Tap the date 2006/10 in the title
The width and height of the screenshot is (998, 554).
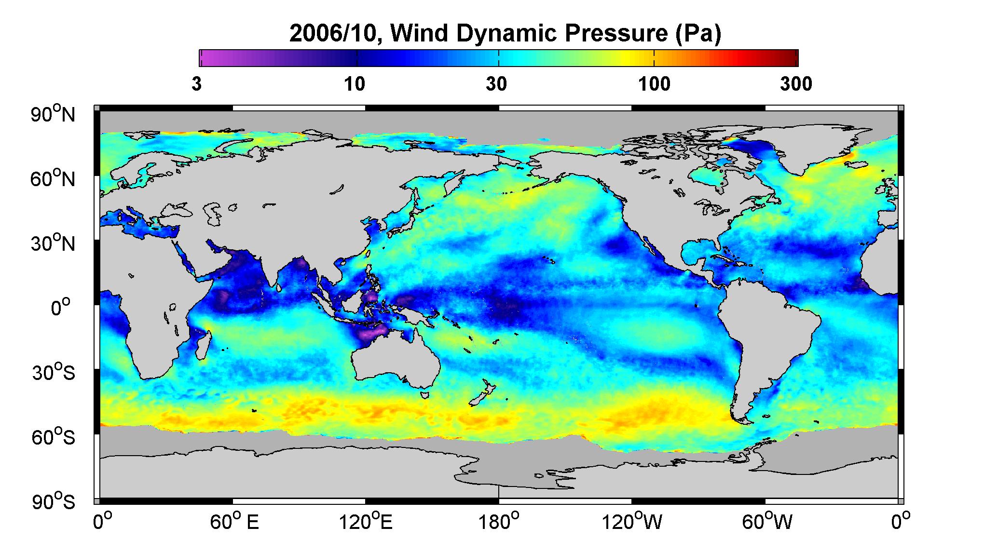click(337, 34)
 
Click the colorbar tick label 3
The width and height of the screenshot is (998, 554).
click(196, 84)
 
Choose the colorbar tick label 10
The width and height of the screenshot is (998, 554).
click(355, 84)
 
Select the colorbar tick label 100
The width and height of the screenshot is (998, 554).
click(654, 84)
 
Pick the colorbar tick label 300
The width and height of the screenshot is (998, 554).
click(796, 84)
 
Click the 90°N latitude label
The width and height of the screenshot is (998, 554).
click(54, 114)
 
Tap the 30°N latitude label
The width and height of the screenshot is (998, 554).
click(54, 243)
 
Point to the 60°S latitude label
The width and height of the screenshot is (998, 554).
click(54, 437)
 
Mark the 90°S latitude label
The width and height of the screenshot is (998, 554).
click(54, 501)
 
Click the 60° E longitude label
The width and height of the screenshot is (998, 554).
click(234, 522)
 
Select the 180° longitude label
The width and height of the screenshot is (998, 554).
click(499, 522)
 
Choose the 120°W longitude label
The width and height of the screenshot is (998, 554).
click(632, 522)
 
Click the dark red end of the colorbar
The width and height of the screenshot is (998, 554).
click(791, 58)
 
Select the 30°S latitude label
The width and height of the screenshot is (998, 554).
click(54, 372)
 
